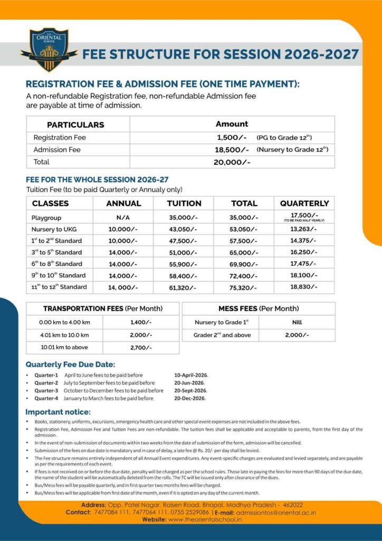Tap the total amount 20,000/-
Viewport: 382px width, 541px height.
pyautogui.click(x=232, y=162)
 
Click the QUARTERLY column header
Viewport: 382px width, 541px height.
pyautogui.click(x=304, y=203)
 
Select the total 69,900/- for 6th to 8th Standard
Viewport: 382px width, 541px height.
pyautogui.click(x=244, y=264)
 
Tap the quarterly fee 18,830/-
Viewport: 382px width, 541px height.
pyautogui.click(x=304, y=287)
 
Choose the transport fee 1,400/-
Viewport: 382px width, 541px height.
pyautogui.click(x=140, y=322)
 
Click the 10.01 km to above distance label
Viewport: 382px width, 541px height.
pyautogui.click(x=64, y=347)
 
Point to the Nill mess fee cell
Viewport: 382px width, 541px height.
pyautogui.click(x=296, y=322)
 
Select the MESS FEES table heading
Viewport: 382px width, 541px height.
pyautogui.click(x=259, y=309)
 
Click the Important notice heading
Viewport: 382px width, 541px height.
pyautogui.click(x=58, y=412)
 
